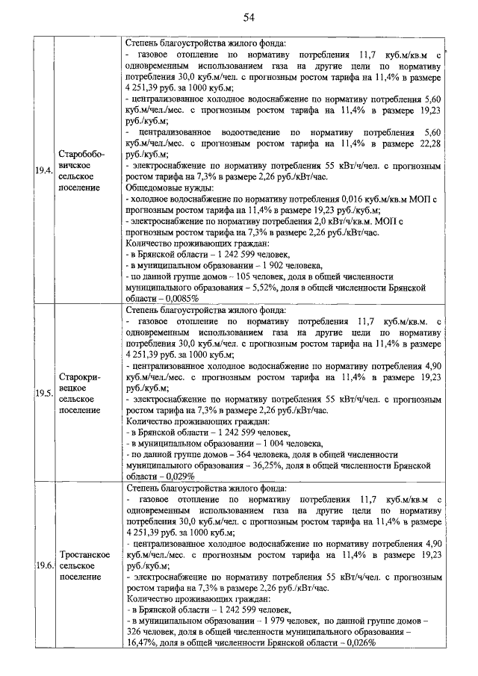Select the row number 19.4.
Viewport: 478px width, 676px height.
pyautogui.click(x=43, y=170)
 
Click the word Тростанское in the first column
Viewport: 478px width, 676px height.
pyautogui.click(x=81, y=555)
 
